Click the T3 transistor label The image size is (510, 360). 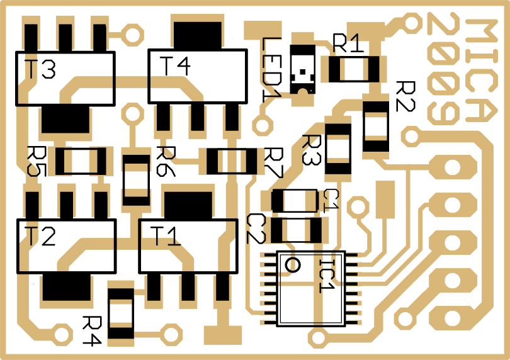pyautogui.click(x=40, y=69)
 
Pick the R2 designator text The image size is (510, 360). pyautogui.click(x=405, y=96)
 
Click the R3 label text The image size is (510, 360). pyautogui.click(x=311, y=149)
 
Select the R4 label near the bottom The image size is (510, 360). pyautogui.click(x=92, y=331)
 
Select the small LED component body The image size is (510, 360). pyautogui.click(x=303, y=69)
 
